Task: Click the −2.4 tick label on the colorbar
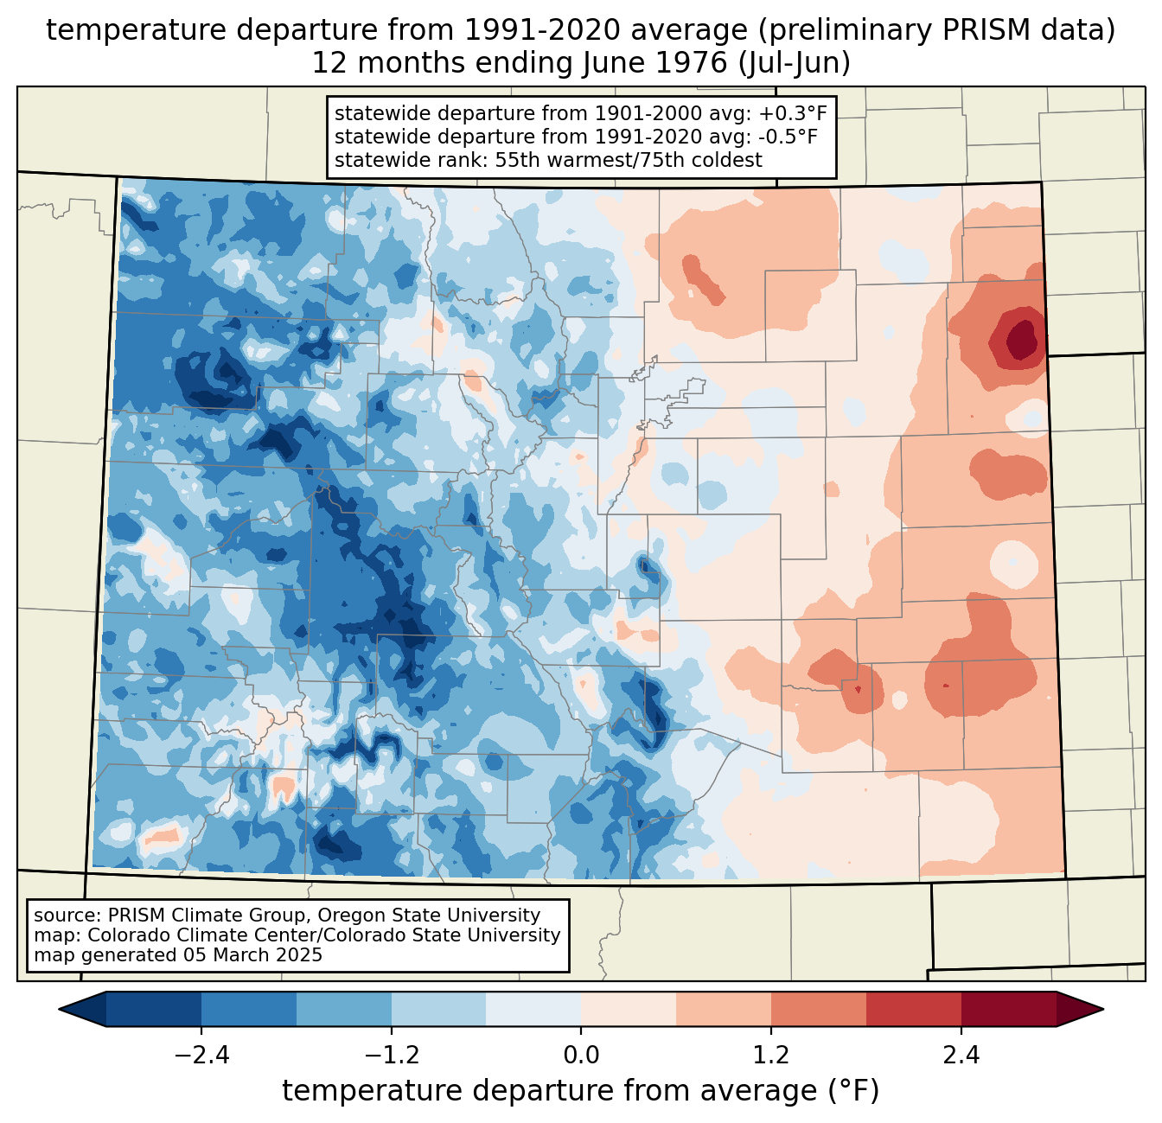pos(201,1056)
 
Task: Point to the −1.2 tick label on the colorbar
pos(391,1056)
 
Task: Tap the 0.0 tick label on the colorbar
pos(581,1056)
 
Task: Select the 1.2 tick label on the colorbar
pos(771,1056)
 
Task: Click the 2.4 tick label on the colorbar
pos(961,1056)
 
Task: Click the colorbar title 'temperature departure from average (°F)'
pos(581,1091)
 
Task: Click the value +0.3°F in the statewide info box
pos(793,113)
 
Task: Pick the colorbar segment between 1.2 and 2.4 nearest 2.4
pos(913,1009)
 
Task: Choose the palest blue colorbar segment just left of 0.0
pos(533,1009)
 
